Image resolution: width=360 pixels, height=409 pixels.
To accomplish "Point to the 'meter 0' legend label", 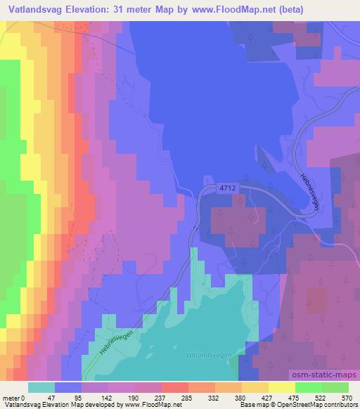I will coord(15,397).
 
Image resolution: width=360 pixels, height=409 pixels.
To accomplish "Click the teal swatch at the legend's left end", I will coord(41,387).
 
